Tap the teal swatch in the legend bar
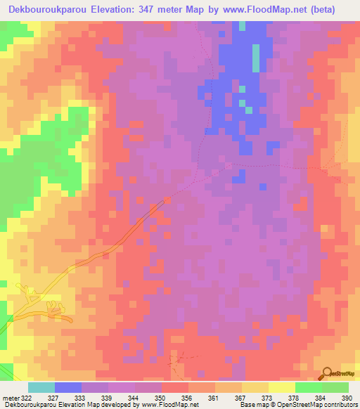[x=41, y=387]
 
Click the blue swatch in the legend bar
[x=67, y=387]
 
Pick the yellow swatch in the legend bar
[x=255, y=387]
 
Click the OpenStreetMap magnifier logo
[x=328, y=375]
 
